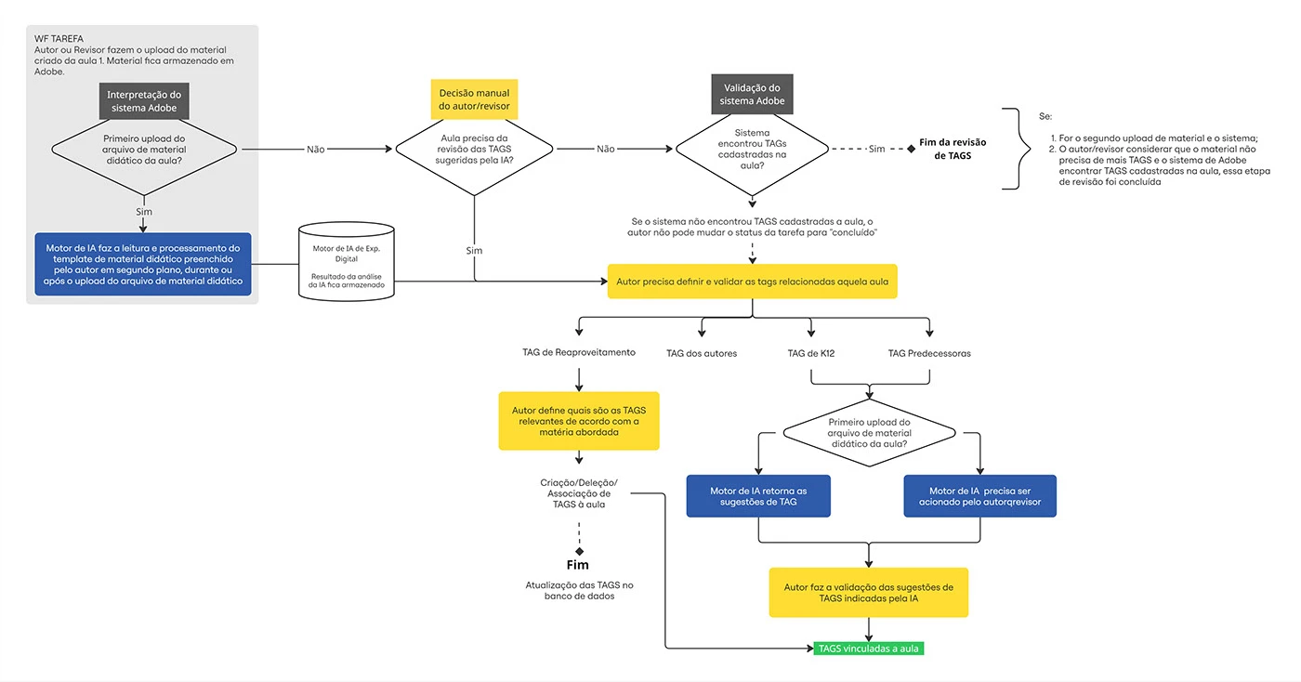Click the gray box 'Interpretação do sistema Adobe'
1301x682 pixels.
144,101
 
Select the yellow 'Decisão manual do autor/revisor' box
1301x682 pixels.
474,99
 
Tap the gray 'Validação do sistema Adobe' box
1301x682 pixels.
752,94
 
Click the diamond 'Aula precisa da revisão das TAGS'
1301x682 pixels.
474,150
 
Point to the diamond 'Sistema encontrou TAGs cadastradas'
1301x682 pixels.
752,150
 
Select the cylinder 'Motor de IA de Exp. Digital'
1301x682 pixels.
347,262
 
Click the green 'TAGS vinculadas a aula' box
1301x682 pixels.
868,649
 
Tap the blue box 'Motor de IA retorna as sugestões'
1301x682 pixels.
758,496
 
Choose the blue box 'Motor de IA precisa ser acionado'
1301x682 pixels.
979,496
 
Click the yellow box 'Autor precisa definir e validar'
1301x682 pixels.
752,282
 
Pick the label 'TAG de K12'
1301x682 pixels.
810,353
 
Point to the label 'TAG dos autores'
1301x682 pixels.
702,353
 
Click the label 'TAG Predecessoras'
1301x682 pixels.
929,353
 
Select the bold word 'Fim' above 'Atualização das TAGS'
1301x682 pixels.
578,565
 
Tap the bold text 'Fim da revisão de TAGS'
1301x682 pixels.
953,149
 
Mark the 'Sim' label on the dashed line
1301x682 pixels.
877,150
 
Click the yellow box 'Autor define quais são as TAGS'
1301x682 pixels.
579,421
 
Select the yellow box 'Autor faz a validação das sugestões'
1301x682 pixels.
868,593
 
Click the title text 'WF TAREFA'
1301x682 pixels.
59,39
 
